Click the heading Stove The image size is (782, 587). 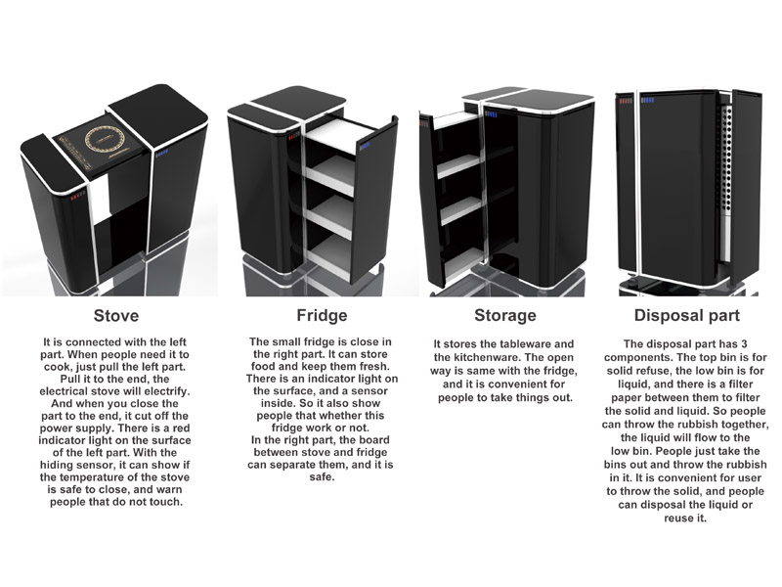[x=115, y=316]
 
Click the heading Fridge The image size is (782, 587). [x=308, y=316]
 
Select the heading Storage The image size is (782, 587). [x=504, y=316]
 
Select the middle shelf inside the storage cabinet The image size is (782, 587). [x=459, y=208]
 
